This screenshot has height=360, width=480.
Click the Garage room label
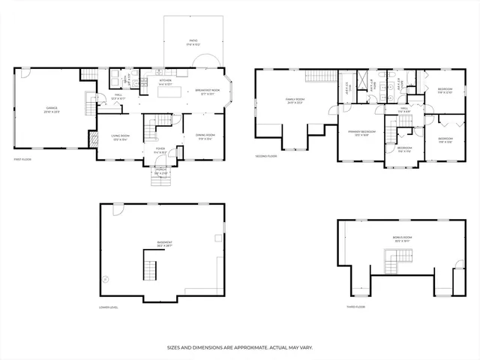click(x=52, y=109)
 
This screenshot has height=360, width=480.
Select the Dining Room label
click(x=205, y=136)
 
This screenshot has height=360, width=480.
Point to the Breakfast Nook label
click(x=205, y=91)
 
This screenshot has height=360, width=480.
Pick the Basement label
click(x=164, y=243)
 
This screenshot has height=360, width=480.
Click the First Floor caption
click(x=22, y=160)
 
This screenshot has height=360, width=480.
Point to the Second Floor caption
click(x=265, y=156)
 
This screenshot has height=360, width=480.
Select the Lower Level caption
click(x=109, y=307)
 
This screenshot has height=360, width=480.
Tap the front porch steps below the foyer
click(x=161, y=180)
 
